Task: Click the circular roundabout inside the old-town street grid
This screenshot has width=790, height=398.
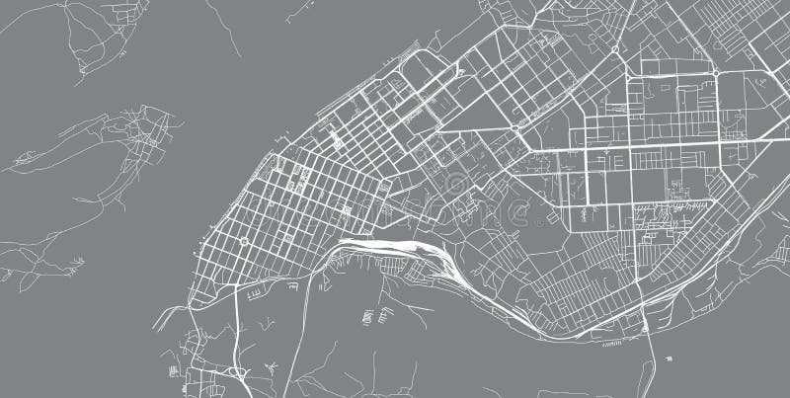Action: click(x=244, y=240)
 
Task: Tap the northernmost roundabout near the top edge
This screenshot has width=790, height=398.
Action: click(x=614, y=48)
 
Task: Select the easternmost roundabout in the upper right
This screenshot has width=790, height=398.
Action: click(x=714, y=72)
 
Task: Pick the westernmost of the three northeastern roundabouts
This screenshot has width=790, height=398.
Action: click(x=514, y=128)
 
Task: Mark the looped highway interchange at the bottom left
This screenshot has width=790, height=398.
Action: click(x=235, y=372)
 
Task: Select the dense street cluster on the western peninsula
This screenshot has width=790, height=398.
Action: click(x=148, y=138)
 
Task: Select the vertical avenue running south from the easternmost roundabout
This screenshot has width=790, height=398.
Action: click(x=718, y=119)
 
